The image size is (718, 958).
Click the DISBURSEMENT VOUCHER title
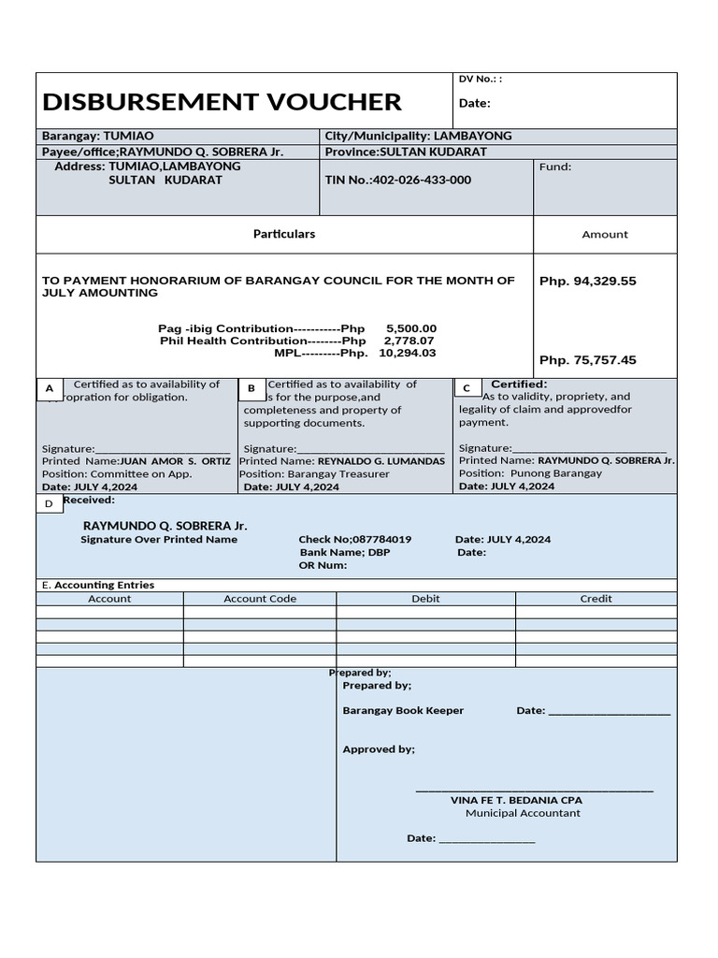pos(222,101)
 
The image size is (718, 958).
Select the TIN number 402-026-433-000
pos(422,180)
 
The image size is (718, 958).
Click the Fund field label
pos(554,167)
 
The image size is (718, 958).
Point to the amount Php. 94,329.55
pos(587,281)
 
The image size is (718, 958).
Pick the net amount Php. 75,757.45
pos(587,360)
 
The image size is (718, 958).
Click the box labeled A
pos(50,388)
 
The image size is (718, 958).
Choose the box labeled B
pos(251,388)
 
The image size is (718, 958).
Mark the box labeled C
pos(467,387)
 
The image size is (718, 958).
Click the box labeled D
pos(49,504)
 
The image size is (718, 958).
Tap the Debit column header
pos(425,599)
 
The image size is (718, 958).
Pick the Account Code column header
pos(260,599)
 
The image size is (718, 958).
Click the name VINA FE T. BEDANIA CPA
pos(516,800)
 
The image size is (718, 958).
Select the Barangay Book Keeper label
pos(403,711)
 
